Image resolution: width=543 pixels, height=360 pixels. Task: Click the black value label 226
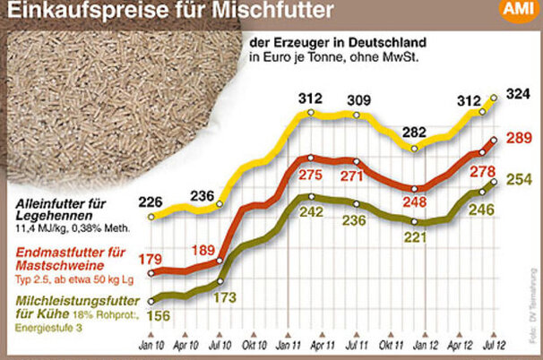point(151,201)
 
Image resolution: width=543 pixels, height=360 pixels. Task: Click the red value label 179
point(151,260)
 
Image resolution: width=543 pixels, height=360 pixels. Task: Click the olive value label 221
point(415,238)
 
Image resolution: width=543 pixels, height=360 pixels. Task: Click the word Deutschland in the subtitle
point(375,41)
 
